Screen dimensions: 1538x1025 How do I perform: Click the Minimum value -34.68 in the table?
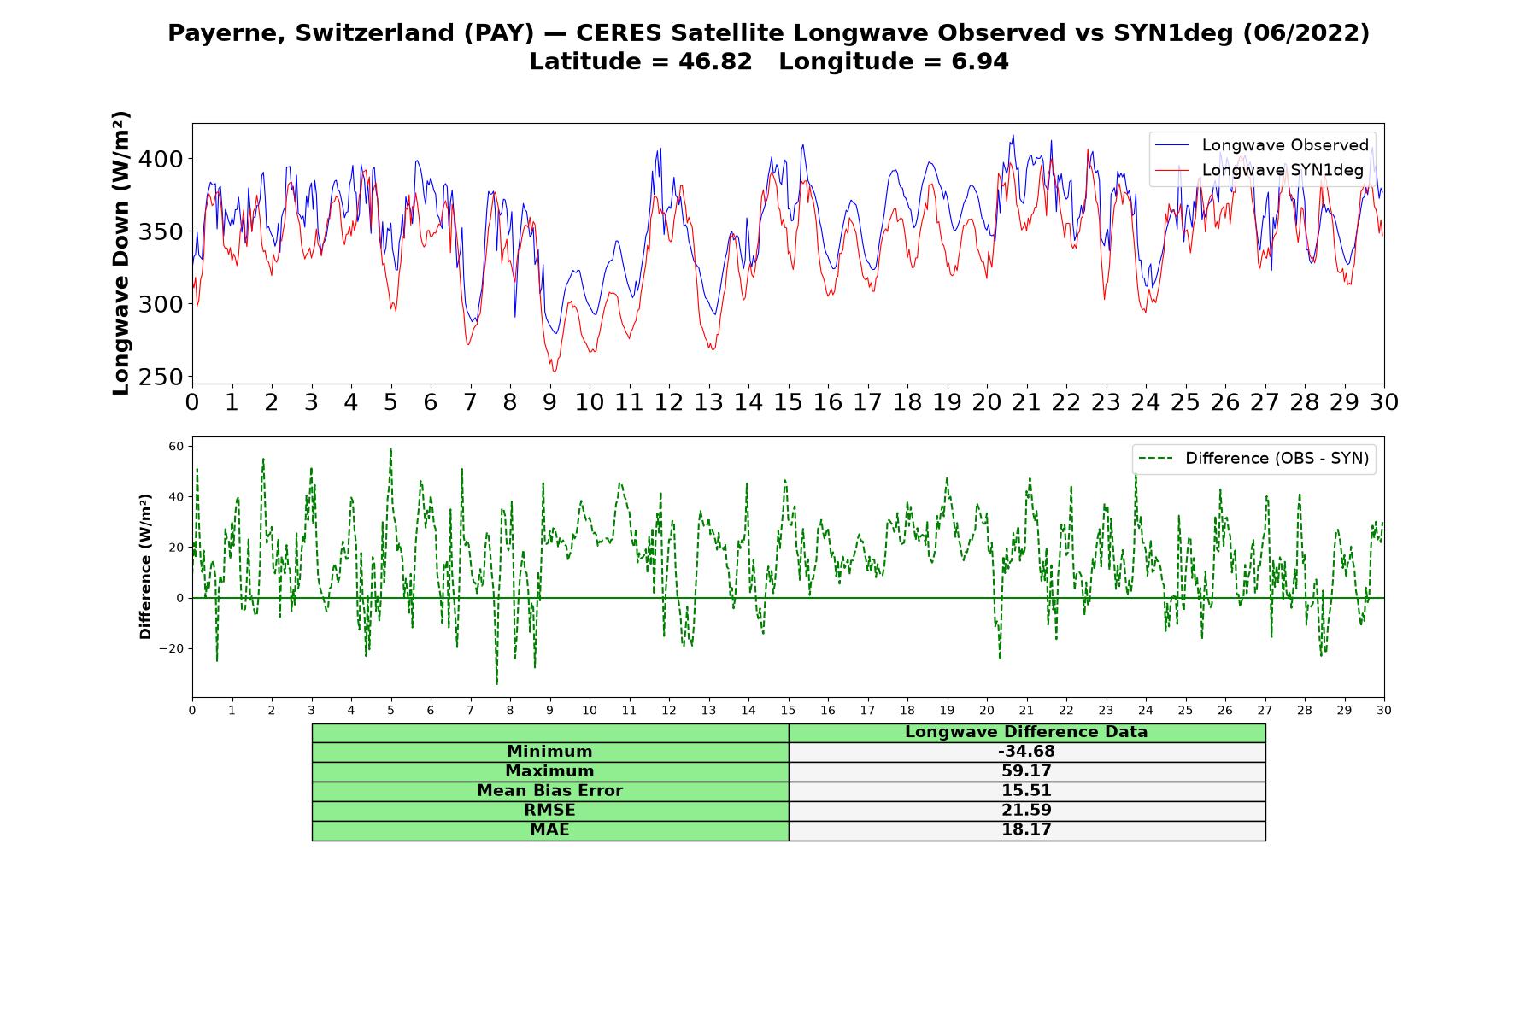coord(1026,752)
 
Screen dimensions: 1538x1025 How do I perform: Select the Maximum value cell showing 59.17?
coord(1026,771)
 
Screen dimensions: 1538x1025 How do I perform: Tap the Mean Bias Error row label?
coord(549,791)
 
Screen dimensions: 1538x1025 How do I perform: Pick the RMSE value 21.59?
coord(1026,811)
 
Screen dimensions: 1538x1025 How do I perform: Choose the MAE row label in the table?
coord(549,829)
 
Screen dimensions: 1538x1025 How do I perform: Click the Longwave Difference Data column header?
coord(1026,732)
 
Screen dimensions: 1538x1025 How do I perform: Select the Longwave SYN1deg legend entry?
coord(1259,170)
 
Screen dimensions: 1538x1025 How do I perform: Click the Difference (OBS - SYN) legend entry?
coord(1253,459)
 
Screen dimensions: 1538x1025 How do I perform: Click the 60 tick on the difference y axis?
coord(176,446)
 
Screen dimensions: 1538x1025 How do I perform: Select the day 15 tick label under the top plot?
coord(788,402)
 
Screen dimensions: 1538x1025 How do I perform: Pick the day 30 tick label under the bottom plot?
coord(1384,711)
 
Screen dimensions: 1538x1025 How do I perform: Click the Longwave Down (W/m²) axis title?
coord(121,253)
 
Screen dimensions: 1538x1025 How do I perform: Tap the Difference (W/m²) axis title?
coord(145,566)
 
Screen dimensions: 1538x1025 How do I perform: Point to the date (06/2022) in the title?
coord(1306,33)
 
